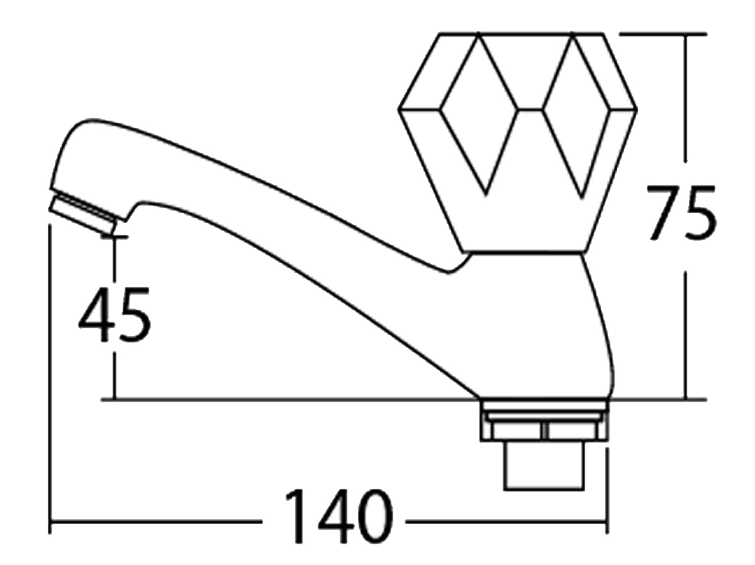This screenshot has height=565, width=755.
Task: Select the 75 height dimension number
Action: pos(682,212)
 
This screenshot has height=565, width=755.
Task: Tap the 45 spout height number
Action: pos(115,315)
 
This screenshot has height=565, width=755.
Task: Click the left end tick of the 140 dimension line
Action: pos(50,522)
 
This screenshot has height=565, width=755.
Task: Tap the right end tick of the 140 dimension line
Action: pos(607,522)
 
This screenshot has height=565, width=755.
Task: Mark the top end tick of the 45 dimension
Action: pos(115,237)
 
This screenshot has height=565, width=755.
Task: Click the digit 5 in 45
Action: pos(133,315)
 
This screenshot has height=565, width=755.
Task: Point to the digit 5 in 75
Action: pos(700,212)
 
